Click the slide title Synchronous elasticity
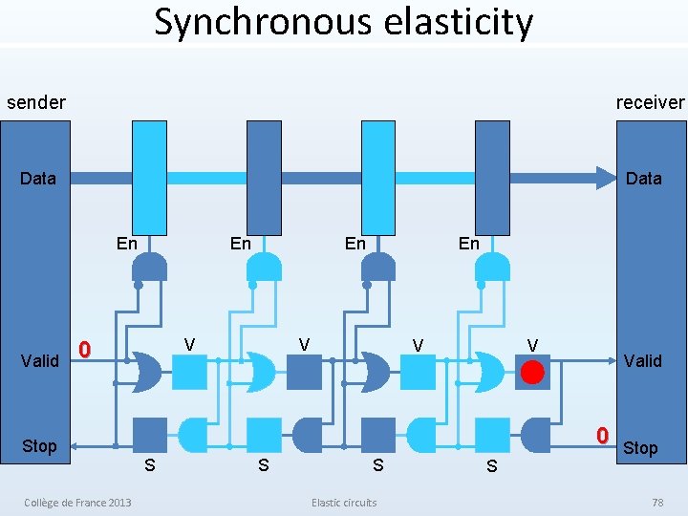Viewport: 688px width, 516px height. pos(344,21)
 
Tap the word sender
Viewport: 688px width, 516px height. pos(36,102)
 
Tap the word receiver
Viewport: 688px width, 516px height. pos(650,102)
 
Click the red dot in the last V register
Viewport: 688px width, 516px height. pos(532,372)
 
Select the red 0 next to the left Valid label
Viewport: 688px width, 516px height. pos(84,351)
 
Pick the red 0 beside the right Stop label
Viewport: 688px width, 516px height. pos(602,435)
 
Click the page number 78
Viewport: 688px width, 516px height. pos(656,503)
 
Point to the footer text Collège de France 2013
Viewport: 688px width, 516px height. pos(78,503)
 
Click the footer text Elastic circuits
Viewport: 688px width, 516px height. pos(344,503)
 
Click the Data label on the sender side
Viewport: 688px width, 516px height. pos(38,179)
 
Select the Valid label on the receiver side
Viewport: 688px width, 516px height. pos(642,360)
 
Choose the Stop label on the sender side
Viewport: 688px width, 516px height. pos(39,446)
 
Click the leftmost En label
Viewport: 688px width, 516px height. pos(126,244)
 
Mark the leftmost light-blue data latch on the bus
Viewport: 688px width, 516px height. pos(150,177)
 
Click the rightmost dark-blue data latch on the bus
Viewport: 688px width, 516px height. pos(492,177)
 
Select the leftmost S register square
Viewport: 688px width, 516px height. pos(149,435)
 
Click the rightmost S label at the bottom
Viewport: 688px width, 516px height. pos(491,466)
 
